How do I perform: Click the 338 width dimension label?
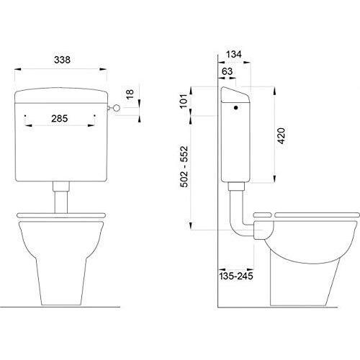point(62,60)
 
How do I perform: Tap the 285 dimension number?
point(60,119)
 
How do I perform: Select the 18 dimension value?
point(130,94)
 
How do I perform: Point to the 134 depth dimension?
point(234,55)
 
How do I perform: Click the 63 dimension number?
point(227,71)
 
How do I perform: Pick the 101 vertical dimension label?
point(184,101)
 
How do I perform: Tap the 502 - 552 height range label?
point(184,166)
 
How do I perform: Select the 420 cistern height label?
point(282,136)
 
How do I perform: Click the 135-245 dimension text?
point(236,276)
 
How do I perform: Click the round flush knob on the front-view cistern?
point(117,108)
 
